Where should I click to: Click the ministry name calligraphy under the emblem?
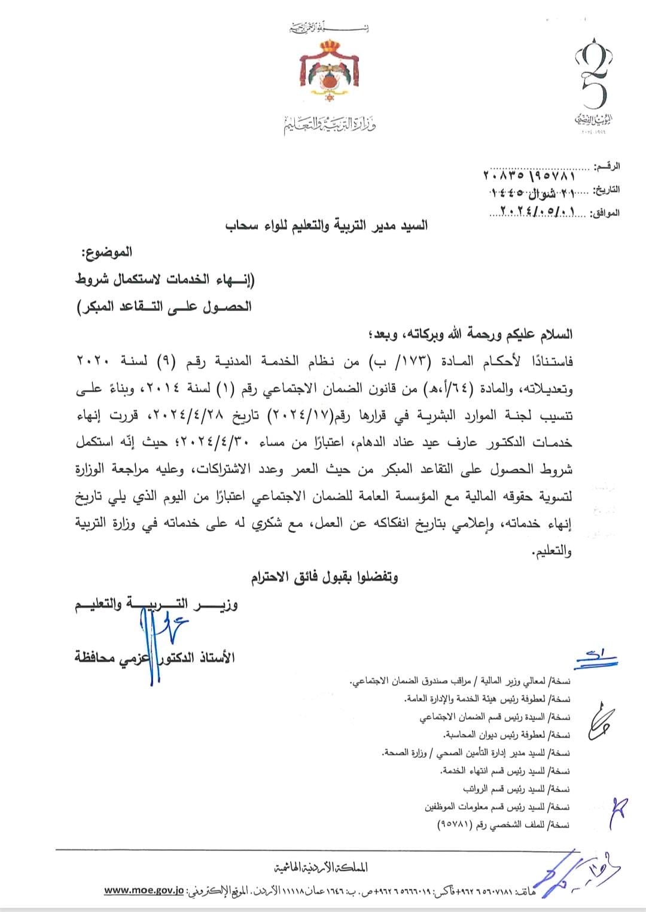coord(330,125)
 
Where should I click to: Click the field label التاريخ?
coord(605,190)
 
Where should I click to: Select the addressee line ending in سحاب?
coord(326,227)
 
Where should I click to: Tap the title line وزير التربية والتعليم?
coord(156,605)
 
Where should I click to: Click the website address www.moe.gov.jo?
coord(144,890)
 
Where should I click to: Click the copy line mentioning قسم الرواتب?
coord(517,789)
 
